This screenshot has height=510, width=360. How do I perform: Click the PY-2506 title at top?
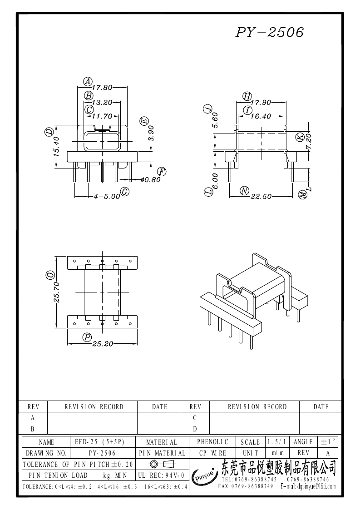coord(270,32)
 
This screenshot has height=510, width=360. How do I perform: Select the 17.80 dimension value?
coord(102,88)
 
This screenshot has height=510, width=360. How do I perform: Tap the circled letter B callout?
coord(89,96)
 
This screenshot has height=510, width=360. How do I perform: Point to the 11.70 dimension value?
coord(102,116)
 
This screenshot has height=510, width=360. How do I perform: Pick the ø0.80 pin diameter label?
coord(151,179)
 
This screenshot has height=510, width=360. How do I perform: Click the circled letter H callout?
coord(247,96)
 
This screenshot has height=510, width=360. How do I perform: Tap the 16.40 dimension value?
coord(261,116)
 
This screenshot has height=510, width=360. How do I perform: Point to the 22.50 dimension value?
coord(261,197)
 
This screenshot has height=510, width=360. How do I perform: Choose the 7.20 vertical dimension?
coord(308,142)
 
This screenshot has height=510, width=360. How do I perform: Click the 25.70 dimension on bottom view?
coord(56,292)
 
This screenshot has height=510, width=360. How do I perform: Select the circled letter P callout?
coord(87,337)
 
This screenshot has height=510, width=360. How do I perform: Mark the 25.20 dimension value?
coord(103,344)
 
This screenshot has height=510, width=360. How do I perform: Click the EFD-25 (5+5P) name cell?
coord(99,442)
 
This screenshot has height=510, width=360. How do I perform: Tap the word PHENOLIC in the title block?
coord(212,442)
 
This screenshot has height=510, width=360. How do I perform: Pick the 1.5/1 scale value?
coord(277,442)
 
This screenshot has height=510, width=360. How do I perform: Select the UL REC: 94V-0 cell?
coord(161,475)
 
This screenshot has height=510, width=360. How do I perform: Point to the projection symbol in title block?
coord(162,464)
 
